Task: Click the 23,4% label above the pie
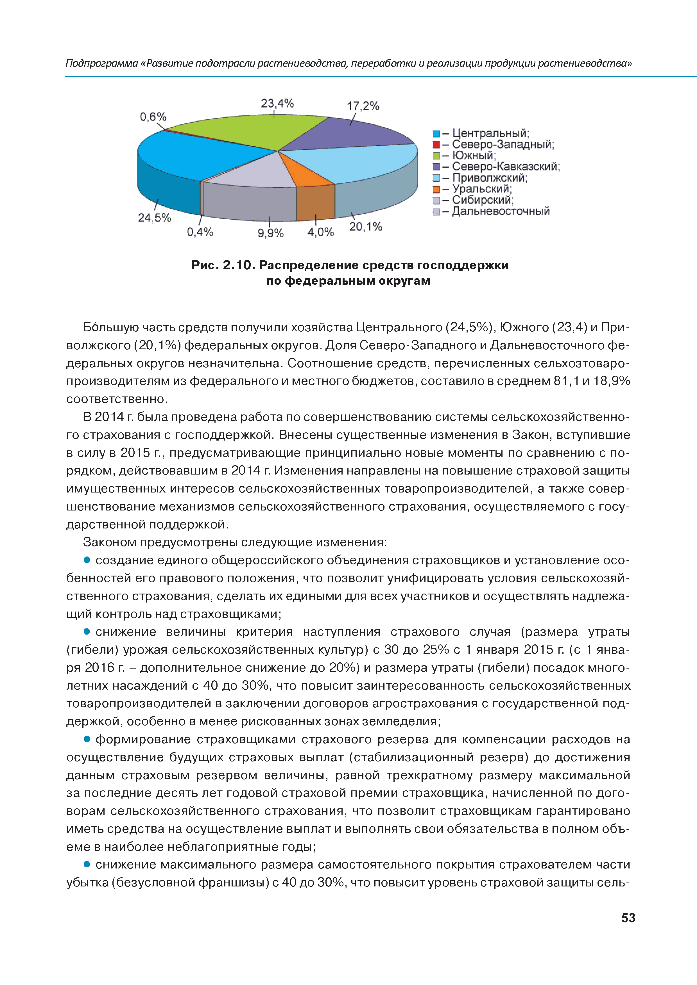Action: [277, 103]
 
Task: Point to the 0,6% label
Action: [153, 117]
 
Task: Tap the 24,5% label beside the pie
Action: [154, 218]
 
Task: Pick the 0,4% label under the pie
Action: [200, 232]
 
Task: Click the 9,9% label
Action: [271, 233]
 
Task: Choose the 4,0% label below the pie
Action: [320, 232]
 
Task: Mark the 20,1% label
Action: [365, 227]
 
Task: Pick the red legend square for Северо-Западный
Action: [436, 145]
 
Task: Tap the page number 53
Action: [628, 918]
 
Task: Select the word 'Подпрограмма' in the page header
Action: [102, 63]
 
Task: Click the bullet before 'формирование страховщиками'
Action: [87, 739]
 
